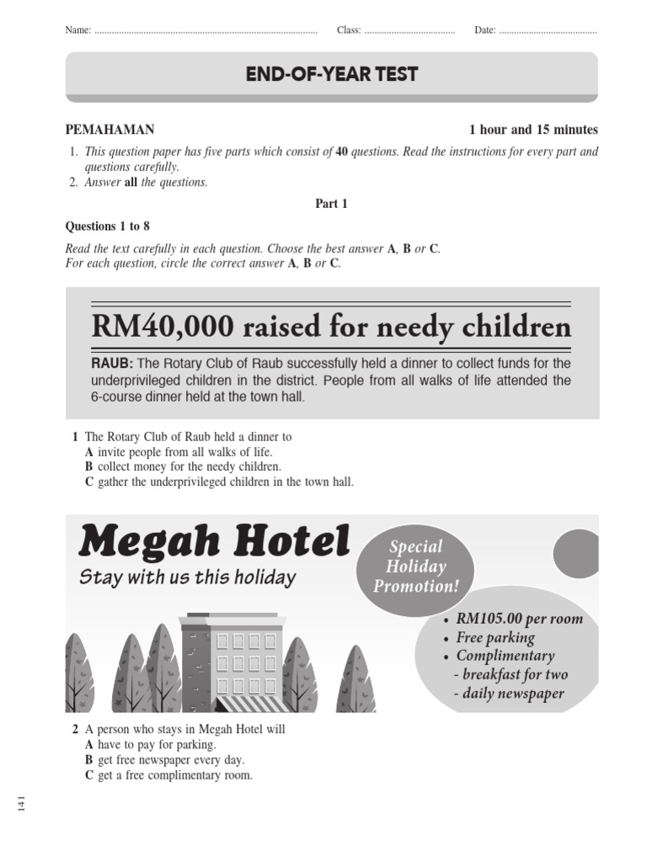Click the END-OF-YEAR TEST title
331,74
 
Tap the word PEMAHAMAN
110,130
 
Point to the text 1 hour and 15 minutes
532,130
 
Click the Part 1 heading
331,204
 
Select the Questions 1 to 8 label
107,226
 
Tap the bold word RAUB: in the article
112,364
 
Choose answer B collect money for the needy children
183,466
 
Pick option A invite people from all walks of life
179,452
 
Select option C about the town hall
219,482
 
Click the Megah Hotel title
214,541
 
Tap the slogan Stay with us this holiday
187,577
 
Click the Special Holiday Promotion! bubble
415,567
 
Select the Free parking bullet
495,638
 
